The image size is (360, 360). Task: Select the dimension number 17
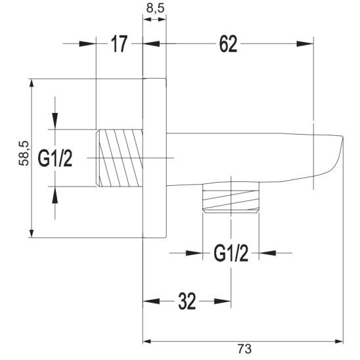[x=119, y=45]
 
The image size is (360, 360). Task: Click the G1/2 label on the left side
[x=55, y=158]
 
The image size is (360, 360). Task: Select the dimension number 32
[x=187, y=302]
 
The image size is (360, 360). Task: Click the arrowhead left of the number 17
[x=88, y=45]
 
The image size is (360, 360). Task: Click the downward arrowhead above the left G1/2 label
[x=55, y=121]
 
